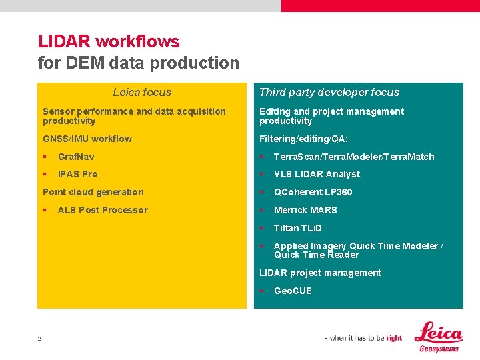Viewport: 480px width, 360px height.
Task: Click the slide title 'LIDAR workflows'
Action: coord(109,41)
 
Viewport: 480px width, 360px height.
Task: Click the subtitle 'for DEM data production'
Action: coord(138,63)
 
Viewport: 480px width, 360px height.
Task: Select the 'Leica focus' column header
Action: coord(141,93)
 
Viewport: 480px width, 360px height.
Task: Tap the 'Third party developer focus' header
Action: coord(329,93)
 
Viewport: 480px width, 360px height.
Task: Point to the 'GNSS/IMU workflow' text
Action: coord(87,139)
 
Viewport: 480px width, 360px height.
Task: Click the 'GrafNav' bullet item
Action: coord(75,157)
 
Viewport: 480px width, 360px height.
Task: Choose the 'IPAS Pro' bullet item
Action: coord(77,174)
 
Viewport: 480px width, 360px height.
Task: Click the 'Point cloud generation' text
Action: coord(93,192)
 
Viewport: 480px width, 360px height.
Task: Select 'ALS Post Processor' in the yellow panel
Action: coord(103,210)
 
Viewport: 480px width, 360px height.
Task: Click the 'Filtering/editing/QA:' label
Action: coord(303,139)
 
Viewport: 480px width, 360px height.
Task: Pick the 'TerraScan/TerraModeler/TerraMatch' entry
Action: coord(353,157)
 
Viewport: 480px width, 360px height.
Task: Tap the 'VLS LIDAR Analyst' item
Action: coord(317,174)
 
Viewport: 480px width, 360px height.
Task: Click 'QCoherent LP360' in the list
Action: coord(313,192)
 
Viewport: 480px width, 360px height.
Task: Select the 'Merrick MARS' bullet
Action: coord(305,210)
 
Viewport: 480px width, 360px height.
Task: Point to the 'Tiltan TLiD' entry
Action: coord(297,228)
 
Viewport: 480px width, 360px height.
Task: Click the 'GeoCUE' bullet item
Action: coord(293,291)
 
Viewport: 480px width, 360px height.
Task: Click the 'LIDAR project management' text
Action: coord(320,273)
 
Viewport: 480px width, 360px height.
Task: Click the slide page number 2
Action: coord(39,339)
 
